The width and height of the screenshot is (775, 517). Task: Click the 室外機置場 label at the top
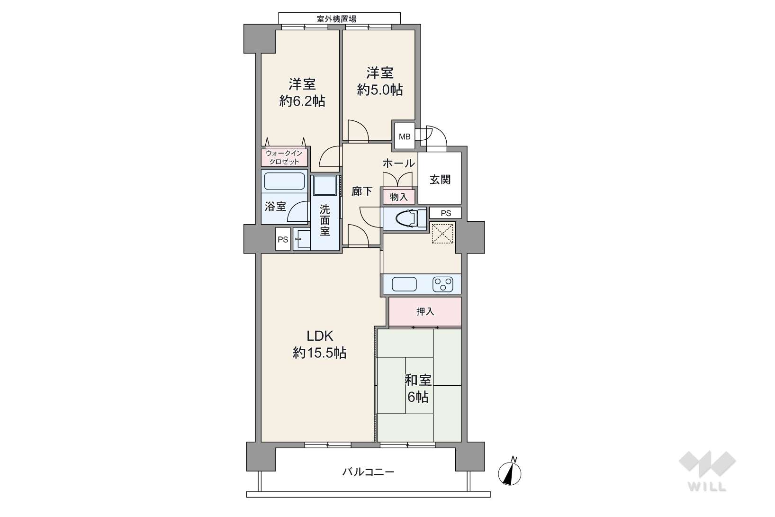pyautogui.click(x=336, y=18)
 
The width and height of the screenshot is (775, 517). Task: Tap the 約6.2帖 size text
pyautogui.click(x=302, y=101)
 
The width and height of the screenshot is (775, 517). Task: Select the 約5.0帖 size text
pyautogui.click(x=380, y=91)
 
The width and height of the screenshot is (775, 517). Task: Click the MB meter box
pyautogui.click(x=405, y=136)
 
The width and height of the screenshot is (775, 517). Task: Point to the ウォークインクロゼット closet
pyautogui.click(x=284, y=157)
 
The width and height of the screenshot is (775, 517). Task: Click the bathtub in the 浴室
pyautogui.click(x=284, y=181)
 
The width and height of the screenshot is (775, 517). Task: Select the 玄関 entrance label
pyautogui.click(x=440, y=180)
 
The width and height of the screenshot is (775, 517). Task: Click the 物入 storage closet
pyautogui.click(x=398, y=197)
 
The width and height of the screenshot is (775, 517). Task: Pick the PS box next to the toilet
pyautogui.click(x=446, y=213)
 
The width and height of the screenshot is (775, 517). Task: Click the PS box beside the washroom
pyautogui.click(x=283, y=239)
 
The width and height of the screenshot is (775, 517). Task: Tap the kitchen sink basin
pyautogui.click(x=404, y=284)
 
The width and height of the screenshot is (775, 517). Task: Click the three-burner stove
pyautogui.click(x=443, y=284)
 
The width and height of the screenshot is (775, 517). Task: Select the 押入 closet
pyautogui.click(x=425, y=311)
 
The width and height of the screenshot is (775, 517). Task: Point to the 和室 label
pyautogui.click(x=418, y=381)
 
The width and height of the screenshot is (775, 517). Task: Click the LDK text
pyautogui.click(x=320, y=336)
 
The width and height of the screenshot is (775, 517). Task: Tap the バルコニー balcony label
pyautogui.click(x=369, y=472)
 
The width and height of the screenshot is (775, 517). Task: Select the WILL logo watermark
pyautogui.click(x=708, y=471)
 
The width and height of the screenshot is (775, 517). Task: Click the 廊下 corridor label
pyautogui.click(x=362, y=191)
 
